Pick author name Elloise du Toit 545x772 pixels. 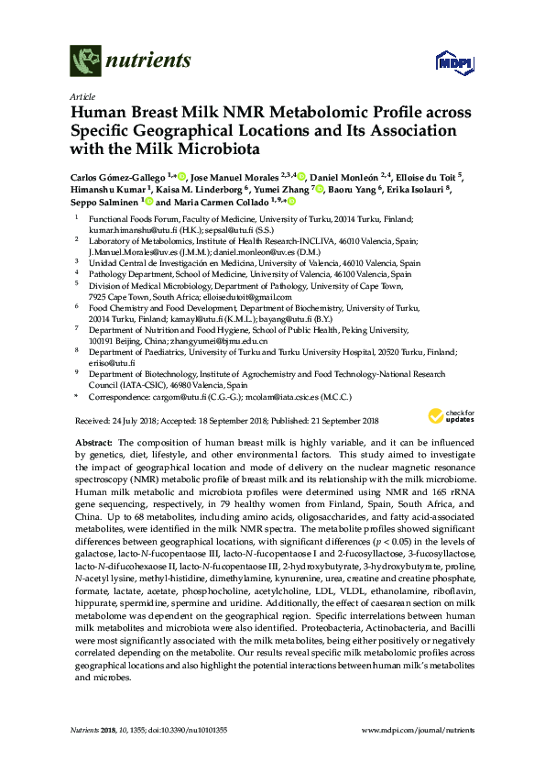point(434,176)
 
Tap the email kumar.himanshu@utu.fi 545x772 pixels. point(128,230)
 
